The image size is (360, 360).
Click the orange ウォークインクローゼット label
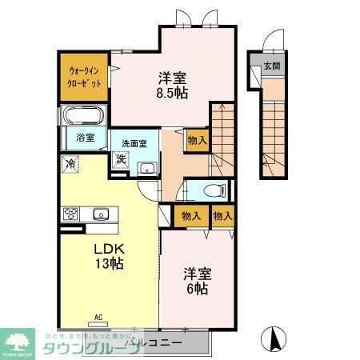click(x=83, y=77)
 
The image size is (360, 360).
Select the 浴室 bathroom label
click(x=85, y=138)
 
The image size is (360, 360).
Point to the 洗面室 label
click(x=134, y=144)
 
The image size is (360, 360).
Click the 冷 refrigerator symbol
click(x=71, y=164)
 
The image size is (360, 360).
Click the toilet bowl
click(x=211, y=191)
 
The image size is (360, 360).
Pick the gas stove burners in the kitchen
click(x=71, y=214)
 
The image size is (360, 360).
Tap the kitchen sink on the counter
click(x=101, y=214)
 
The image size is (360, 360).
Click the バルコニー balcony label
click(x=161, y=342)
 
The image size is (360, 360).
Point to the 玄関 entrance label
click(x=271, y=66)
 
